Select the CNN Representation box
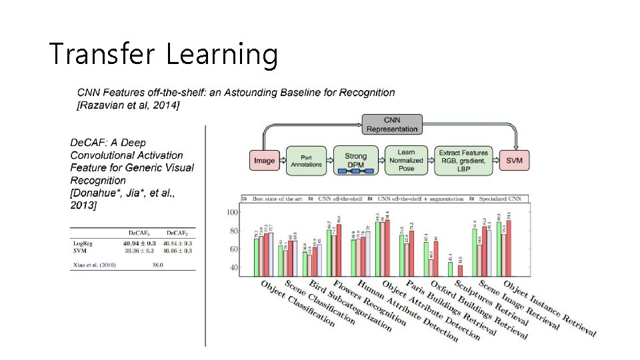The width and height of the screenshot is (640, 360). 392,124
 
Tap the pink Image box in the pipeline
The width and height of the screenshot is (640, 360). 264,161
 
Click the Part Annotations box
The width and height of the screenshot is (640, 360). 306,161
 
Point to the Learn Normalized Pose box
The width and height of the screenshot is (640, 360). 405,161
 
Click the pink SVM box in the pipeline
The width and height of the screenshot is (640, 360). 514,161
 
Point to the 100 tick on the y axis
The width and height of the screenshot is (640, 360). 232,213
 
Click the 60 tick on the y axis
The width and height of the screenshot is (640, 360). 234,249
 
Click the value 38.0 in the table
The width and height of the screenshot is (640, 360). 157,265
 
